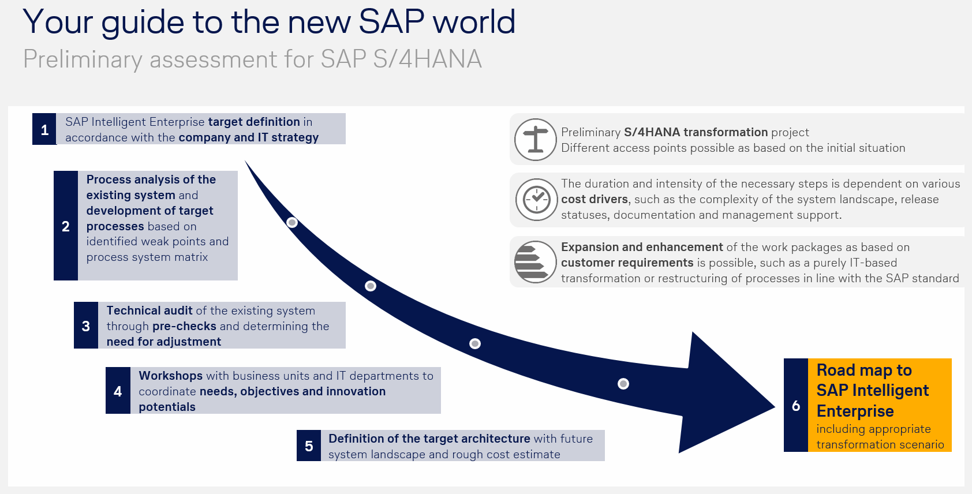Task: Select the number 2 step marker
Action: [x=66, y=226]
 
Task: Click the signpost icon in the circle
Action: [x=536, y=140]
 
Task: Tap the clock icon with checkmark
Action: [x=536, y=200]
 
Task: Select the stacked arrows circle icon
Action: [x=536, y=263]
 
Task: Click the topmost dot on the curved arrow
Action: [x=292, y=223]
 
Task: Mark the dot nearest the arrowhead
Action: [x=623, y=384]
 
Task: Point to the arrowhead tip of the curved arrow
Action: [x=775, y=407]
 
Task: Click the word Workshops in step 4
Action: [x=170, y=376]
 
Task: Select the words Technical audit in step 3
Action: [x=149, y=310]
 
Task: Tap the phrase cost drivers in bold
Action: [x=595, y=199]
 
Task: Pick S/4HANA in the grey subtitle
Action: [x=428, y=59]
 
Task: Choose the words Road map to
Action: [x=864, y=370]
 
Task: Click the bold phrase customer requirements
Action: [x=627, y=263]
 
